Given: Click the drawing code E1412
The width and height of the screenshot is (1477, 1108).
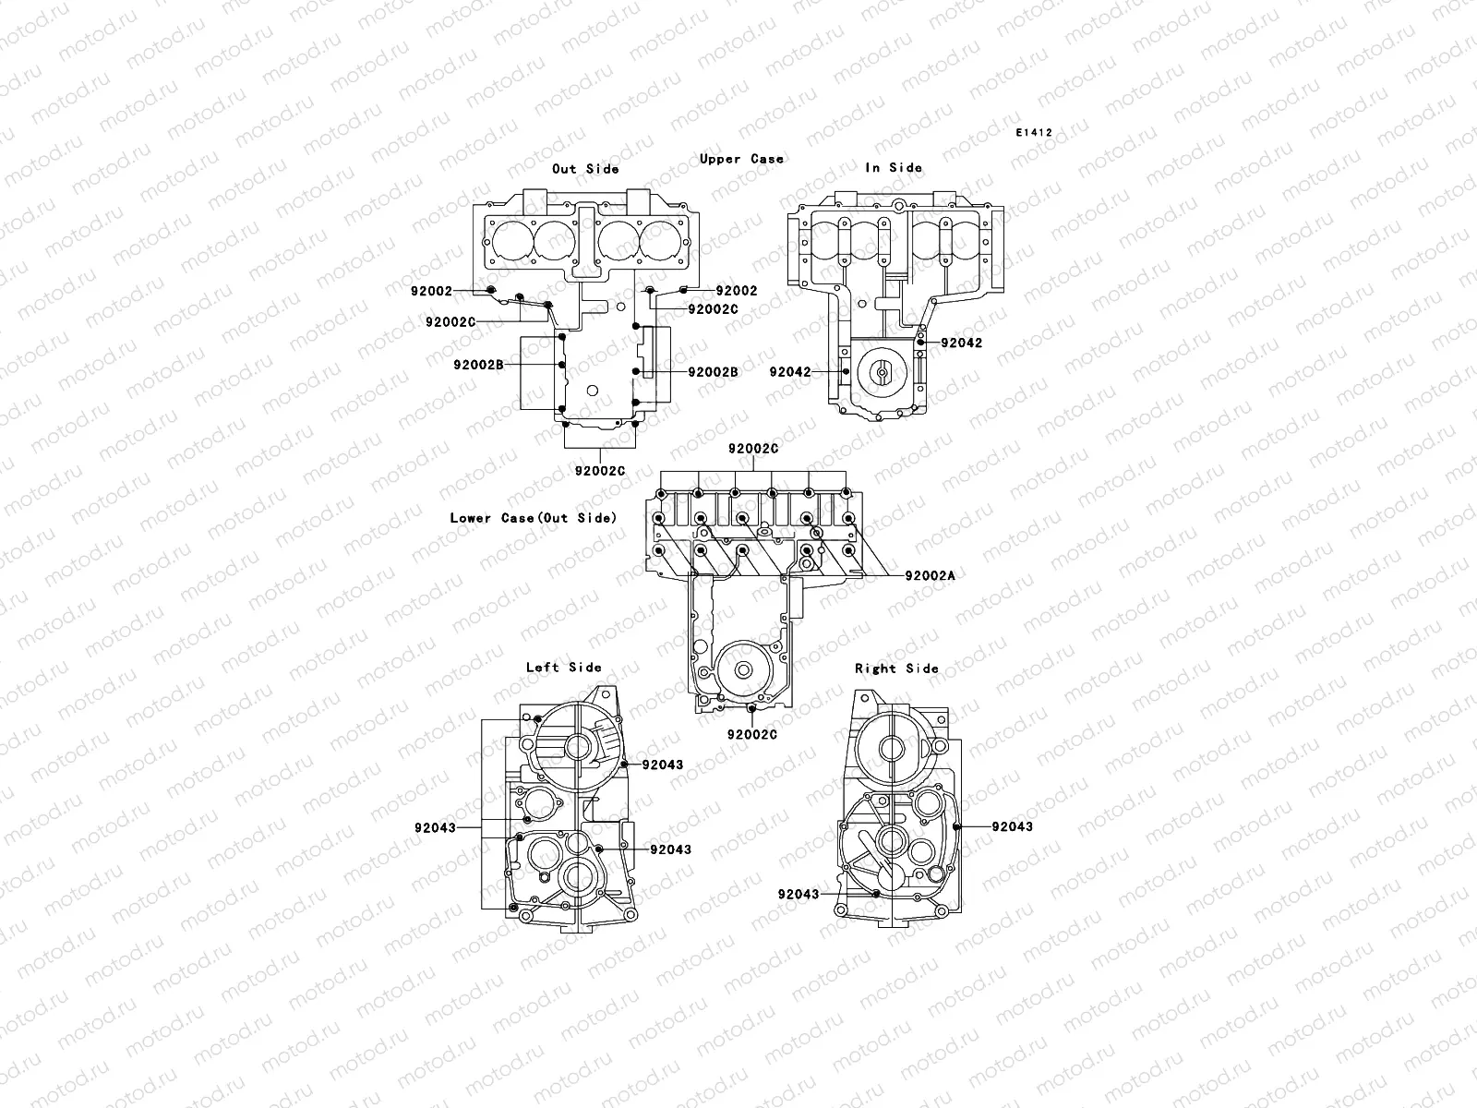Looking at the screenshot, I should [x=1034, y=133].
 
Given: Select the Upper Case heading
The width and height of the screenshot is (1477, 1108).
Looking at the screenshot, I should [x=741, y=159].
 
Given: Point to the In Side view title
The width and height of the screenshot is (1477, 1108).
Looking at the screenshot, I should [x=893, y=168].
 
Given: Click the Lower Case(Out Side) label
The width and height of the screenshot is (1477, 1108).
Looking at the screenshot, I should [x=533, y=518].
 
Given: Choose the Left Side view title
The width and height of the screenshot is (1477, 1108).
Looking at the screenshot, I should [x=563, y=668].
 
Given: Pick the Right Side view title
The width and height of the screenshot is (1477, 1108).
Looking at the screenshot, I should [x=896, y=668].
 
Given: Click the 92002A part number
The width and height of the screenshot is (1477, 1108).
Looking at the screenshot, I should [x=930, y=575].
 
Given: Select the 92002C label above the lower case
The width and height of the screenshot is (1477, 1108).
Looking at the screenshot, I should [x=752, y=449].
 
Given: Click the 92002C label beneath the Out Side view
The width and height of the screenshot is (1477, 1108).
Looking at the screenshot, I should [x=599, y=471].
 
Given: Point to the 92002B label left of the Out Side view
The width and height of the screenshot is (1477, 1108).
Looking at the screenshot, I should [x=478, y=391].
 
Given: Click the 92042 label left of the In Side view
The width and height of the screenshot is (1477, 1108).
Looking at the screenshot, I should [x=790, y=372].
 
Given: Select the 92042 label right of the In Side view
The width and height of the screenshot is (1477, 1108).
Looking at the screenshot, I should [x=962, y=343].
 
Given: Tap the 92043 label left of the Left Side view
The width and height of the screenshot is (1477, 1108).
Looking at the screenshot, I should [x=435, y=828].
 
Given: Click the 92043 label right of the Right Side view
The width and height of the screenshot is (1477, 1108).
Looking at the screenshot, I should [x=1012, y=826].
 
